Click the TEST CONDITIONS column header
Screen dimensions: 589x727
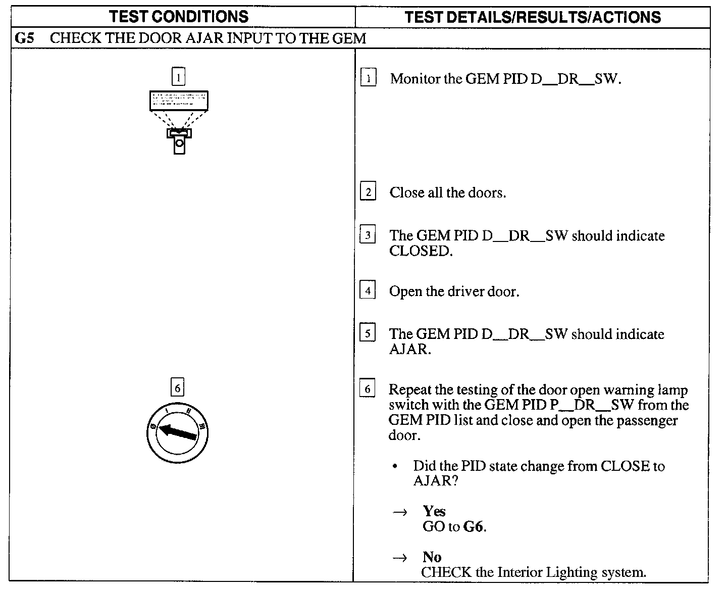(179, 17)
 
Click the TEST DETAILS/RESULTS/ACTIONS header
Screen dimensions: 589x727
(533, 17)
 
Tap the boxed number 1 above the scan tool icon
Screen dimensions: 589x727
(178, 77)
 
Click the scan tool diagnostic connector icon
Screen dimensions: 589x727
(179, 122)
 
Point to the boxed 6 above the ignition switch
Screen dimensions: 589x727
(177, 388)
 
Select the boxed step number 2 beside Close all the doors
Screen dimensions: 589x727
(368, 192)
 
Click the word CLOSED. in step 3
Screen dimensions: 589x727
(421, 251)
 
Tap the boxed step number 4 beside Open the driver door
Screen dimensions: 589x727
(368, 291)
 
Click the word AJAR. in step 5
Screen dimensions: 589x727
(409, 350)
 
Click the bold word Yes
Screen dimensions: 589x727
(434, 511)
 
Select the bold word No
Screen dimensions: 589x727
(432, 557)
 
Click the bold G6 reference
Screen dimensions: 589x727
(474, 527)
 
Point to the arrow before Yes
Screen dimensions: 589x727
(400, 512)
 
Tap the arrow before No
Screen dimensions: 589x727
(400, 558)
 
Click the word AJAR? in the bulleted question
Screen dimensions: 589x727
(435, 481)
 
